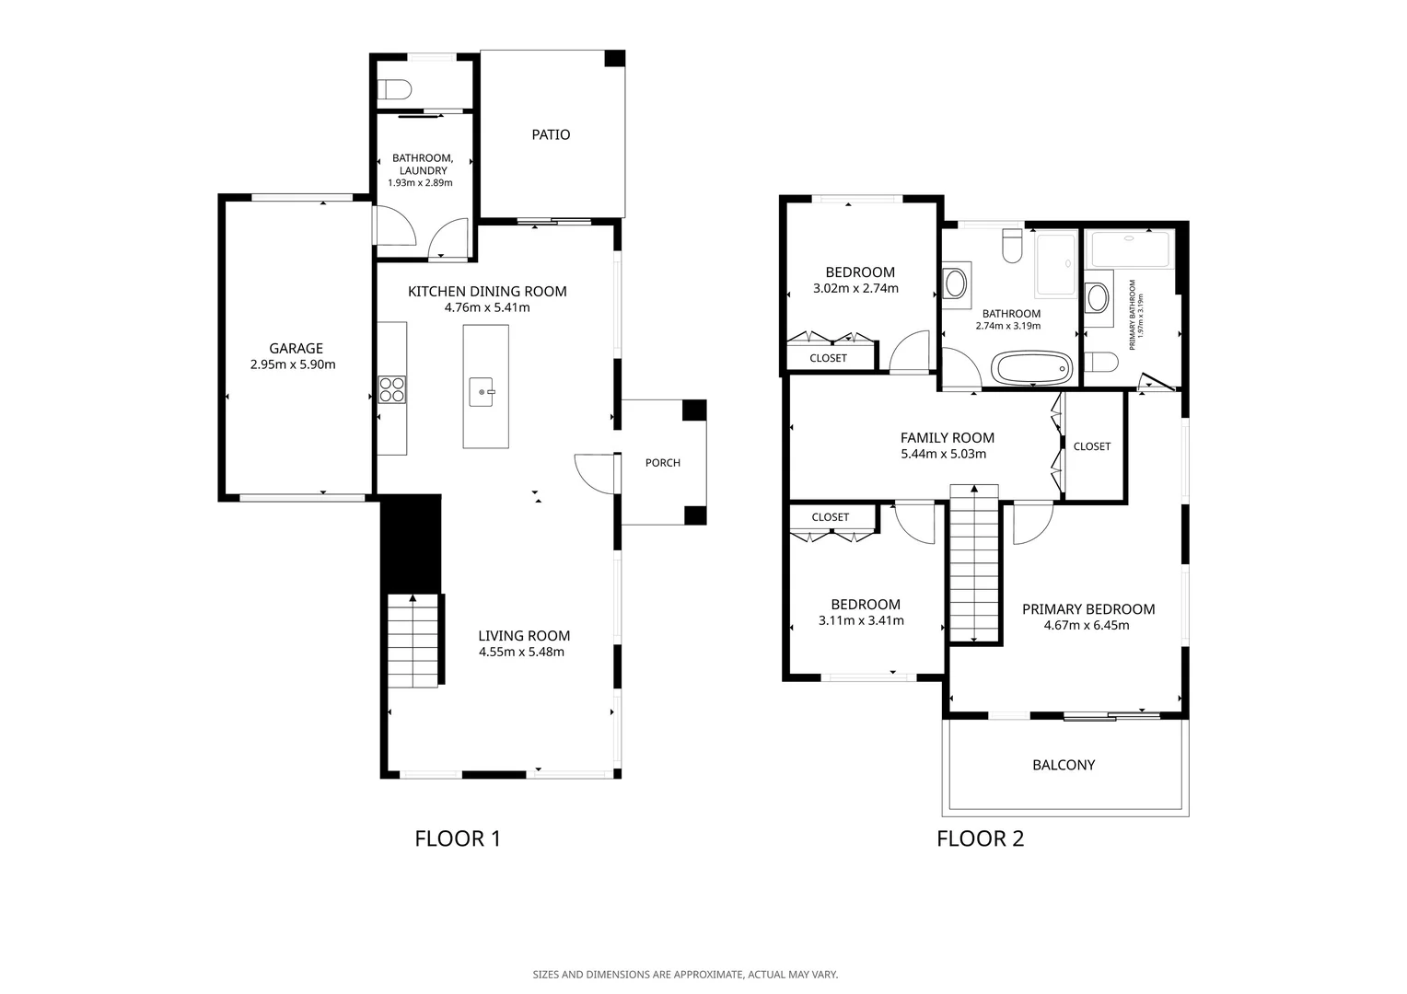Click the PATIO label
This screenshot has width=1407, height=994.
551,134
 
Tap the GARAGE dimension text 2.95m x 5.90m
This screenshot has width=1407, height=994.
293,364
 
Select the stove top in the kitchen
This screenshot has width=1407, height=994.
392,389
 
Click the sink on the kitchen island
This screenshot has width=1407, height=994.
482,392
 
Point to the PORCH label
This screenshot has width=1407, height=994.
663,463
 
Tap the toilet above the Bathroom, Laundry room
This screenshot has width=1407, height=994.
394,90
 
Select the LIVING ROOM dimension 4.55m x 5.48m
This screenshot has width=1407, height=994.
521,652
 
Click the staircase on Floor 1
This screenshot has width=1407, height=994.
413,641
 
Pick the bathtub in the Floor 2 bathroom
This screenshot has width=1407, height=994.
1031,367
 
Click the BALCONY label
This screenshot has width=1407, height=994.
1064,765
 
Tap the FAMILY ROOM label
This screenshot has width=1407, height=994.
948,438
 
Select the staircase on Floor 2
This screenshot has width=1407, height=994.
974,563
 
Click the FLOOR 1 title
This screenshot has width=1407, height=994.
458,838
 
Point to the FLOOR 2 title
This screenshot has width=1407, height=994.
981,838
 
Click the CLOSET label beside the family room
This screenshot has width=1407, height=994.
1092,446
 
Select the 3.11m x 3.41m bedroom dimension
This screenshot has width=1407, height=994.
861,620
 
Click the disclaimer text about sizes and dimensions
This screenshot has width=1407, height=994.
685,975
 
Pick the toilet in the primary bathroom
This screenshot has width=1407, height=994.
1101,363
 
